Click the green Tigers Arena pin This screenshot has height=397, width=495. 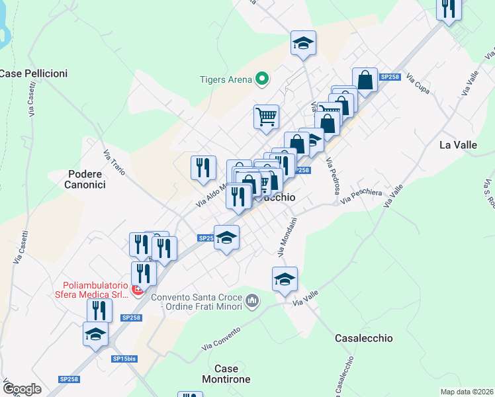(x=262, y=80)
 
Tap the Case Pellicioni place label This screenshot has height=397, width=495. (x=33, y=73)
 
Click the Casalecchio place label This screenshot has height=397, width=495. (x=364, y=338)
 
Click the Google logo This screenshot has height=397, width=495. (x=22, y=389)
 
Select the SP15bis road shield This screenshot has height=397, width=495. (x=124, y=358)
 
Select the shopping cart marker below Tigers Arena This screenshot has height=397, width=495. (x=266, y=117)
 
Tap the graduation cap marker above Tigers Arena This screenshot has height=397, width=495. (x=303, y=43)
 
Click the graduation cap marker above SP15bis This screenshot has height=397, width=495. (x=95, y=333)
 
